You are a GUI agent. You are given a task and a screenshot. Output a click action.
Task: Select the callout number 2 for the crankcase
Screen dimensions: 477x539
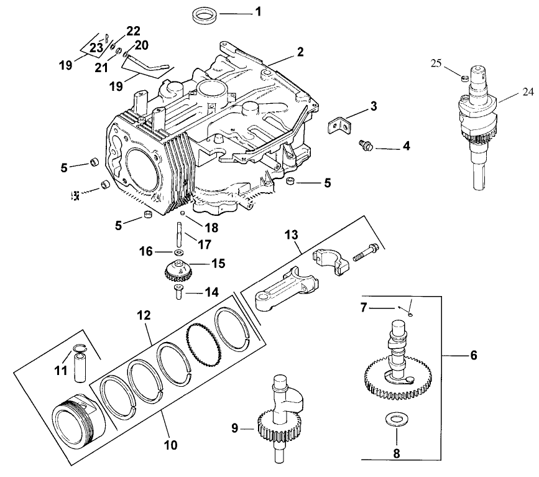[x=300, y=52]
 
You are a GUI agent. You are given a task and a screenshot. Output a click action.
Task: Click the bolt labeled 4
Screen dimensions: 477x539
[x=364, y=147]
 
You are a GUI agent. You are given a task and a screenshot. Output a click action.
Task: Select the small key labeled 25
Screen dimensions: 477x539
[x=463, y=78]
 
